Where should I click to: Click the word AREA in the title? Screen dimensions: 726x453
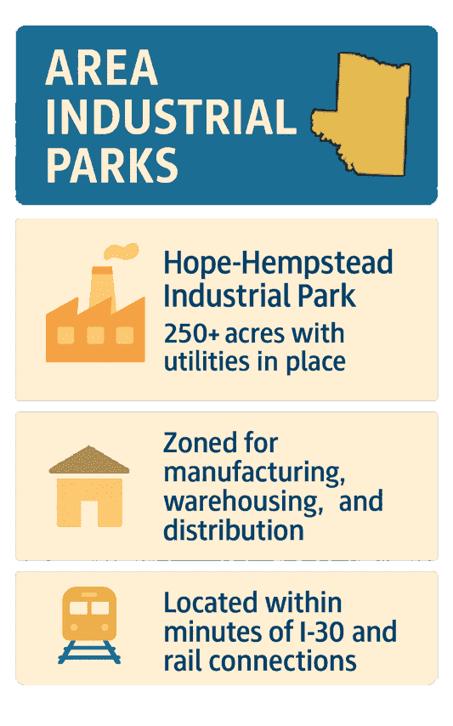(101, 70)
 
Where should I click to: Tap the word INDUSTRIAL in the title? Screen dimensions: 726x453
(171, 117)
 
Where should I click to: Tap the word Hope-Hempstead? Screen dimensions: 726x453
(278, 264)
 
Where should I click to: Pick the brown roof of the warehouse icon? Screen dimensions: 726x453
(89, 460)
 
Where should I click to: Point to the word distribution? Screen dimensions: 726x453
(233, 530)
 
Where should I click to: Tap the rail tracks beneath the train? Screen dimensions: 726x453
(89, 655)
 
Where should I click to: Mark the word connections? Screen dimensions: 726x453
(290, 661)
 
